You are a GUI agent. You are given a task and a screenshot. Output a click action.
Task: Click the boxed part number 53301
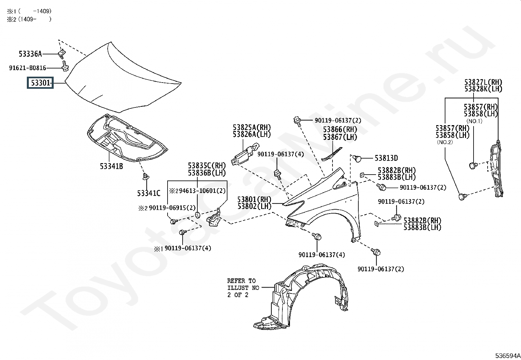tap(40, 83)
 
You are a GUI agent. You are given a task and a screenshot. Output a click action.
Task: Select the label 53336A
tap(30, 54)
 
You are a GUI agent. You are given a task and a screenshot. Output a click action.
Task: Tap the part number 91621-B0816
tap(27, 68)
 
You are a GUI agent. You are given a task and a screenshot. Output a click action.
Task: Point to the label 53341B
tap(111, 166)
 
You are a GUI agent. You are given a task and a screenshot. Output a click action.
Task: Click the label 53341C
tap(149, 193)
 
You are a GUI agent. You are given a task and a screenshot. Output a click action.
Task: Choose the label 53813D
tap(386, 158)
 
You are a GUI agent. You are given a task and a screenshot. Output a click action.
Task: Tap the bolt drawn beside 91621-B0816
tap(65, 66)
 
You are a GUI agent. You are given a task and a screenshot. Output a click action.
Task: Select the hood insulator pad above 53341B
tap(127, 138)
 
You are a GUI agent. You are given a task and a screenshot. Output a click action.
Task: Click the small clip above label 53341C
tap(146, 177)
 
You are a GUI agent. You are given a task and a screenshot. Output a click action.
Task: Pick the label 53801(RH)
tap(254, 199)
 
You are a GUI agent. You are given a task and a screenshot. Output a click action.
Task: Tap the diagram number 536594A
tap(508, 356)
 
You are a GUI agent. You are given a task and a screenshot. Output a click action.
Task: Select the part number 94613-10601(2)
tap(202, 191)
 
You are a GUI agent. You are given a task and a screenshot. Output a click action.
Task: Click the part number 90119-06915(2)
tap(172, 208)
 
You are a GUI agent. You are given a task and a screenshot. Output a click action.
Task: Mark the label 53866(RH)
tap(340, 129)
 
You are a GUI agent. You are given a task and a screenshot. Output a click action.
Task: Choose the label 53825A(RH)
tap(252, 127)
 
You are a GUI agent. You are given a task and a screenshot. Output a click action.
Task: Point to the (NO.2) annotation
tap(445, 142)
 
